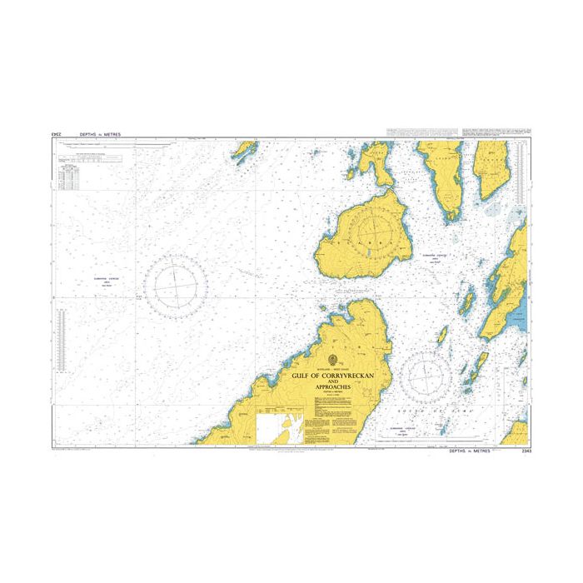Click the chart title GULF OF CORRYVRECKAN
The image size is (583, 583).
coord(333,376)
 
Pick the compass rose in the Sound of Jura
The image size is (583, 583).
coord(426,375)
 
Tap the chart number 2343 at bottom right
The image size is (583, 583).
coord(522,451)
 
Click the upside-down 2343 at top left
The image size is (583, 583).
coord(58,133)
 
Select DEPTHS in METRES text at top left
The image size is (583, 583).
coord(99,133)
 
